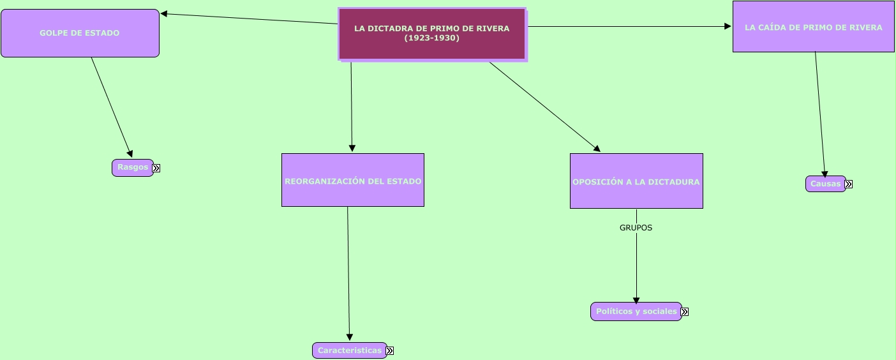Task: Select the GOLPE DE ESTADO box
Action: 80,33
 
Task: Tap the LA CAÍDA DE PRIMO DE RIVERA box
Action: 813,27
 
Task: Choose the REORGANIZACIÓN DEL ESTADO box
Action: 353,181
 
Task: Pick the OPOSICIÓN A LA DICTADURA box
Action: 636,182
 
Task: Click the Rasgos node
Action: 133,167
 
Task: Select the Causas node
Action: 825,184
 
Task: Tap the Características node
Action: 350,350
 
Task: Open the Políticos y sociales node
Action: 636,311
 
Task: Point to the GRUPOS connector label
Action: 636,227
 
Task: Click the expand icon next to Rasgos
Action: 156,169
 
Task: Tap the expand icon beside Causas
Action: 849,184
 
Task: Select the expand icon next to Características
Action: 390,351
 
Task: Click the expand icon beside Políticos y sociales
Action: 685,312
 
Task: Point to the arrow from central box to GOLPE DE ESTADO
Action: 249,19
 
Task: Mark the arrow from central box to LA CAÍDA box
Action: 629,27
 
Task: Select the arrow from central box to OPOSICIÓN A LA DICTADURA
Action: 544,107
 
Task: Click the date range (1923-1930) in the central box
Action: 431,38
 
